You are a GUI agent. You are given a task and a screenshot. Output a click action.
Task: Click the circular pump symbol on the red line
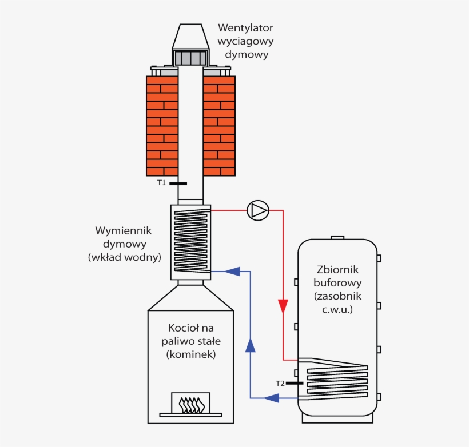257,210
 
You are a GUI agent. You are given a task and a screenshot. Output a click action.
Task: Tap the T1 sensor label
161,183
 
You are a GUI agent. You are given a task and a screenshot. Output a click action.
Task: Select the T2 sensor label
280,383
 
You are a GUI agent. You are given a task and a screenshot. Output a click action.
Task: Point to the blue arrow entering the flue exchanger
231,271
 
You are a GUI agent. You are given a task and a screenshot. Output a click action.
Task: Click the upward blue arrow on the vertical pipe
250,344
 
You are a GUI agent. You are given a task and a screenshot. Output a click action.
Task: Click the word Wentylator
245,27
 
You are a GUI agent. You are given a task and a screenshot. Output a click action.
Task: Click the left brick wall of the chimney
162,126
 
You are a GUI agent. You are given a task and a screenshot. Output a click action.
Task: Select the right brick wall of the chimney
219,126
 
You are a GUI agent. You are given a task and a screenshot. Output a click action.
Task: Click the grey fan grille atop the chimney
190,58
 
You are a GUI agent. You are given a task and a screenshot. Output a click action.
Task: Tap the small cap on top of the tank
337,238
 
